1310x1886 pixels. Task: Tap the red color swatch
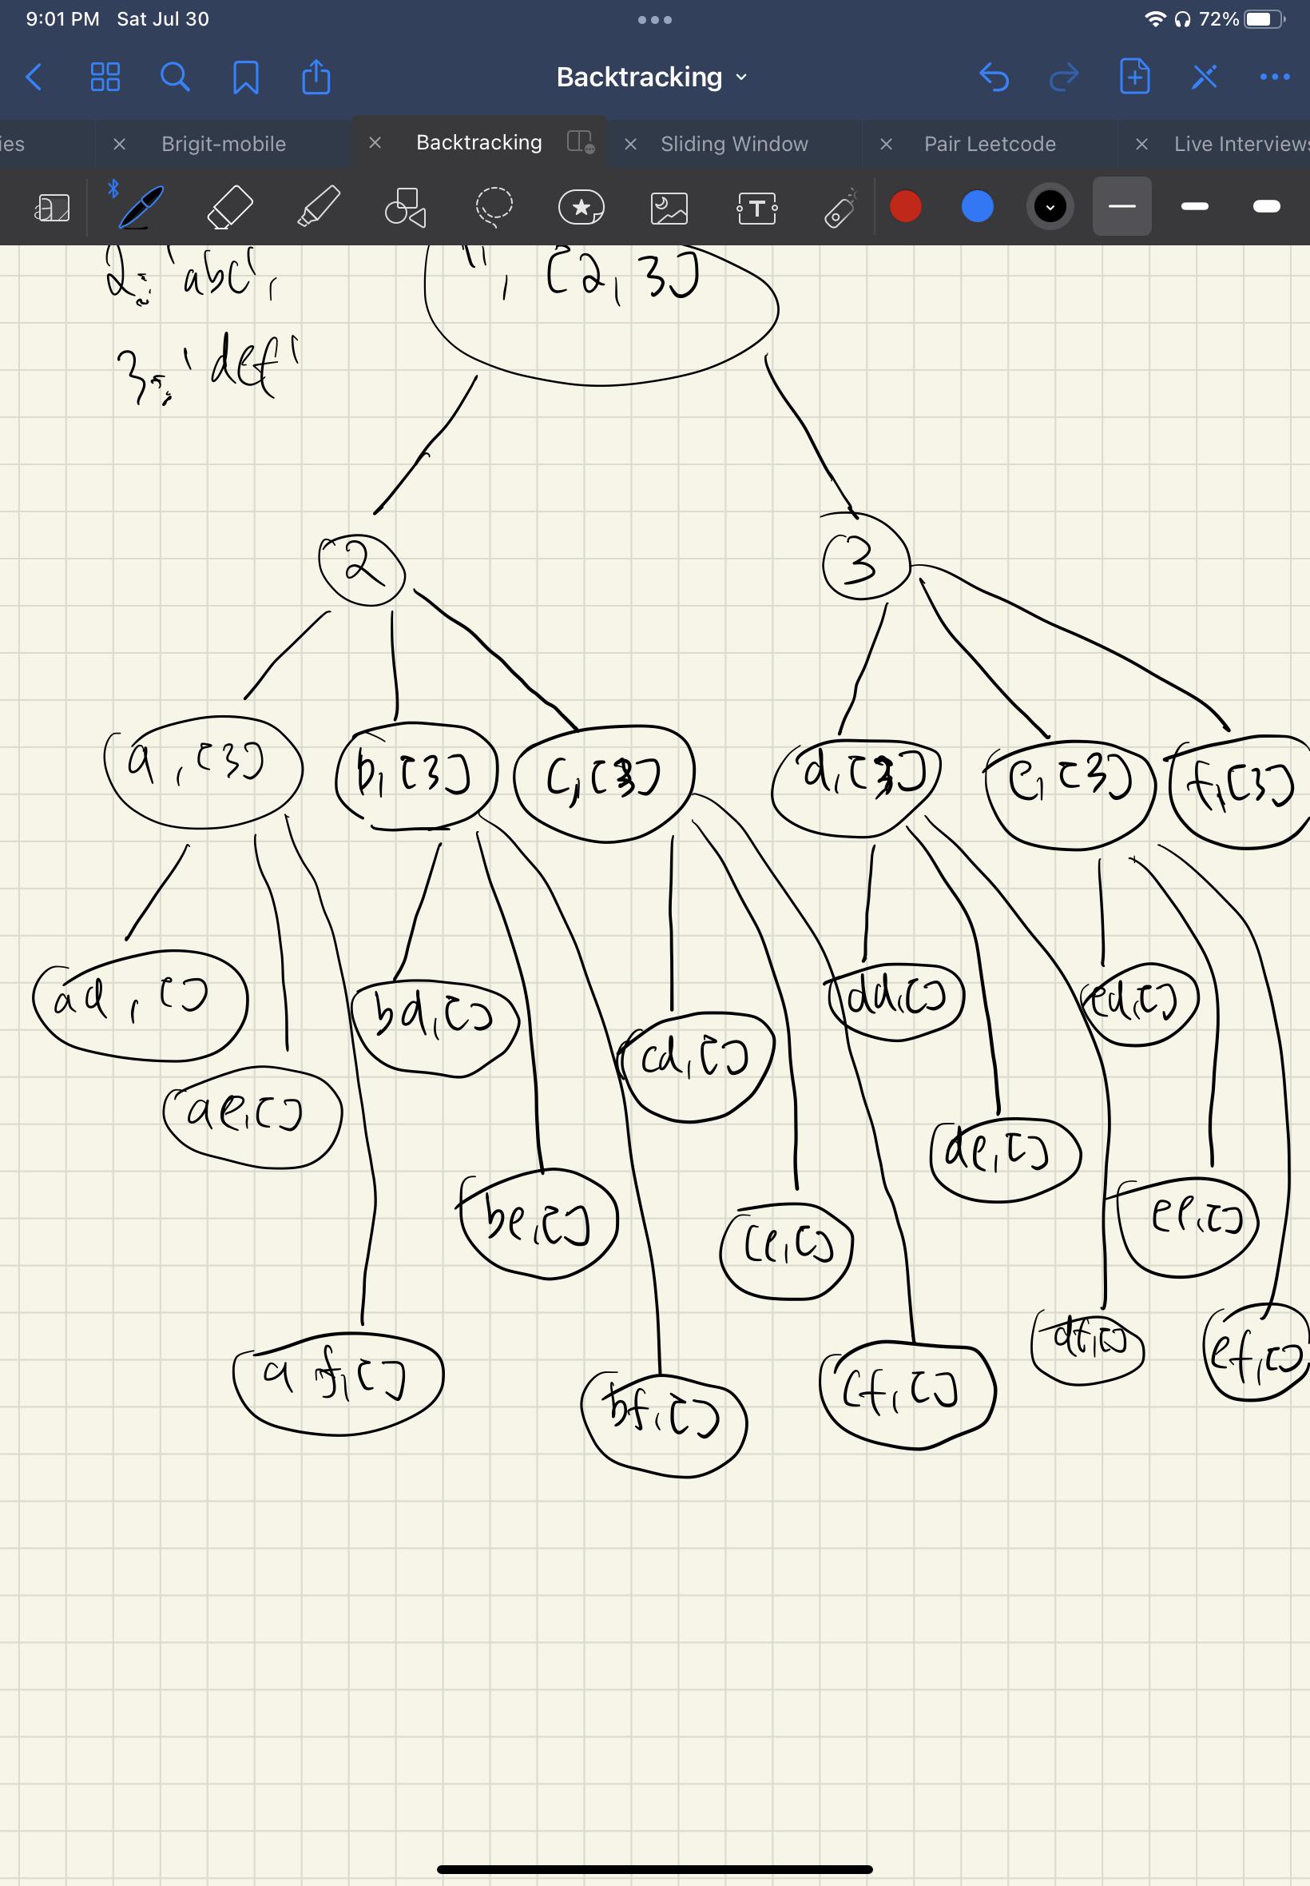pos(905,206)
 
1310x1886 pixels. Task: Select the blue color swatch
pos(977,206)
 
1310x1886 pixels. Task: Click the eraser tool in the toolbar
pos(230,207)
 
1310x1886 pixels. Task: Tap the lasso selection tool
pos(494,207)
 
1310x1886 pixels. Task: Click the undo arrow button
pos(994,78)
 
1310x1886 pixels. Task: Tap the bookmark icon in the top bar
pos(245,78)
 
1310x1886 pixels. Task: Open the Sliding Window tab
pos(734,144)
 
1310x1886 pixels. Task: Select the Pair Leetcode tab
pos(989,144)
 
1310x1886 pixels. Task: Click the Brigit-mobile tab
pos(223,144)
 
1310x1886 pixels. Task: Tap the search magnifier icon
pos(175,78)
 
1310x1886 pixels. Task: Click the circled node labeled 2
pos(362,569)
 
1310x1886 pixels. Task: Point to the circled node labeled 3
pos(865,563)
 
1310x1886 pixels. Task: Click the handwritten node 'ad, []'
pos(140,1005)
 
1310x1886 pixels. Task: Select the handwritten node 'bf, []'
pos(663,1422)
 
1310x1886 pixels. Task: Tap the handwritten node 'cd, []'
pos(695,1065)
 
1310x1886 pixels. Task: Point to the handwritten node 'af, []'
pos(337,1382)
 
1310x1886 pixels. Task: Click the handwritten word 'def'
pos(250,364)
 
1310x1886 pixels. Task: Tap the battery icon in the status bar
pos(1261,19)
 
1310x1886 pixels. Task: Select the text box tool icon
pos(756,208)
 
